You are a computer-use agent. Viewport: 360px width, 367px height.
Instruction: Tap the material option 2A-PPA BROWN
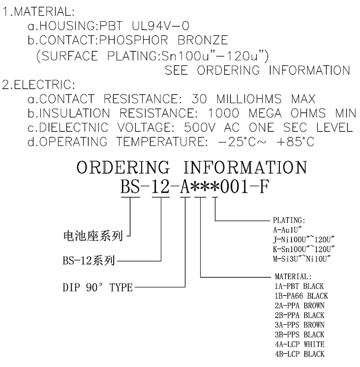point(297,306)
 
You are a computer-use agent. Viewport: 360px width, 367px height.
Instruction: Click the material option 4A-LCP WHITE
point(297,344)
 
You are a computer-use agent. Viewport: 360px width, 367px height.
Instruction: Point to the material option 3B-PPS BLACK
point(297,334)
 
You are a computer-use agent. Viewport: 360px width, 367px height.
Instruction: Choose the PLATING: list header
point(285,221)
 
